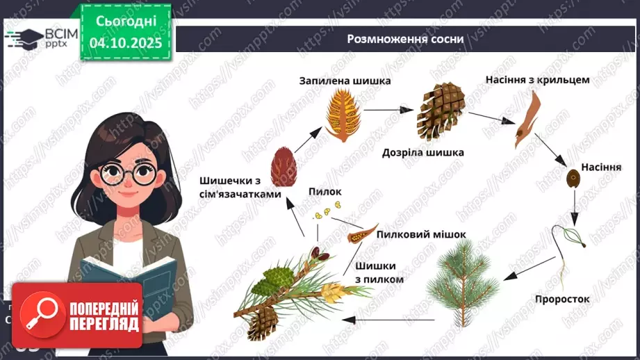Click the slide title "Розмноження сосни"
(406, 39)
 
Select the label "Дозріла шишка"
(422, 152)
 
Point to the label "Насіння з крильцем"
(538, 79)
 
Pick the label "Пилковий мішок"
(420, 234)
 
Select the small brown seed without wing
(575, 177)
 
